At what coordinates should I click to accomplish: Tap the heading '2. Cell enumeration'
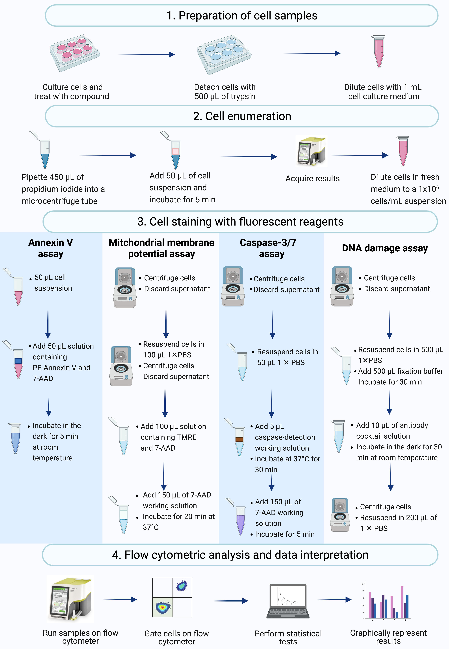242,116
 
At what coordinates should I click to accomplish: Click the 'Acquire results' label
312,178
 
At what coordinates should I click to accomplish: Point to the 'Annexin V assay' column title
51,248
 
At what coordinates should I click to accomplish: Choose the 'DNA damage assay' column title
385,248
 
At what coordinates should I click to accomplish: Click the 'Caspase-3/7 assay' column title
268,248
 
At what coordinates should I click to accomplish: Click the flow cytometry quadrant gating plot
172,597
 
